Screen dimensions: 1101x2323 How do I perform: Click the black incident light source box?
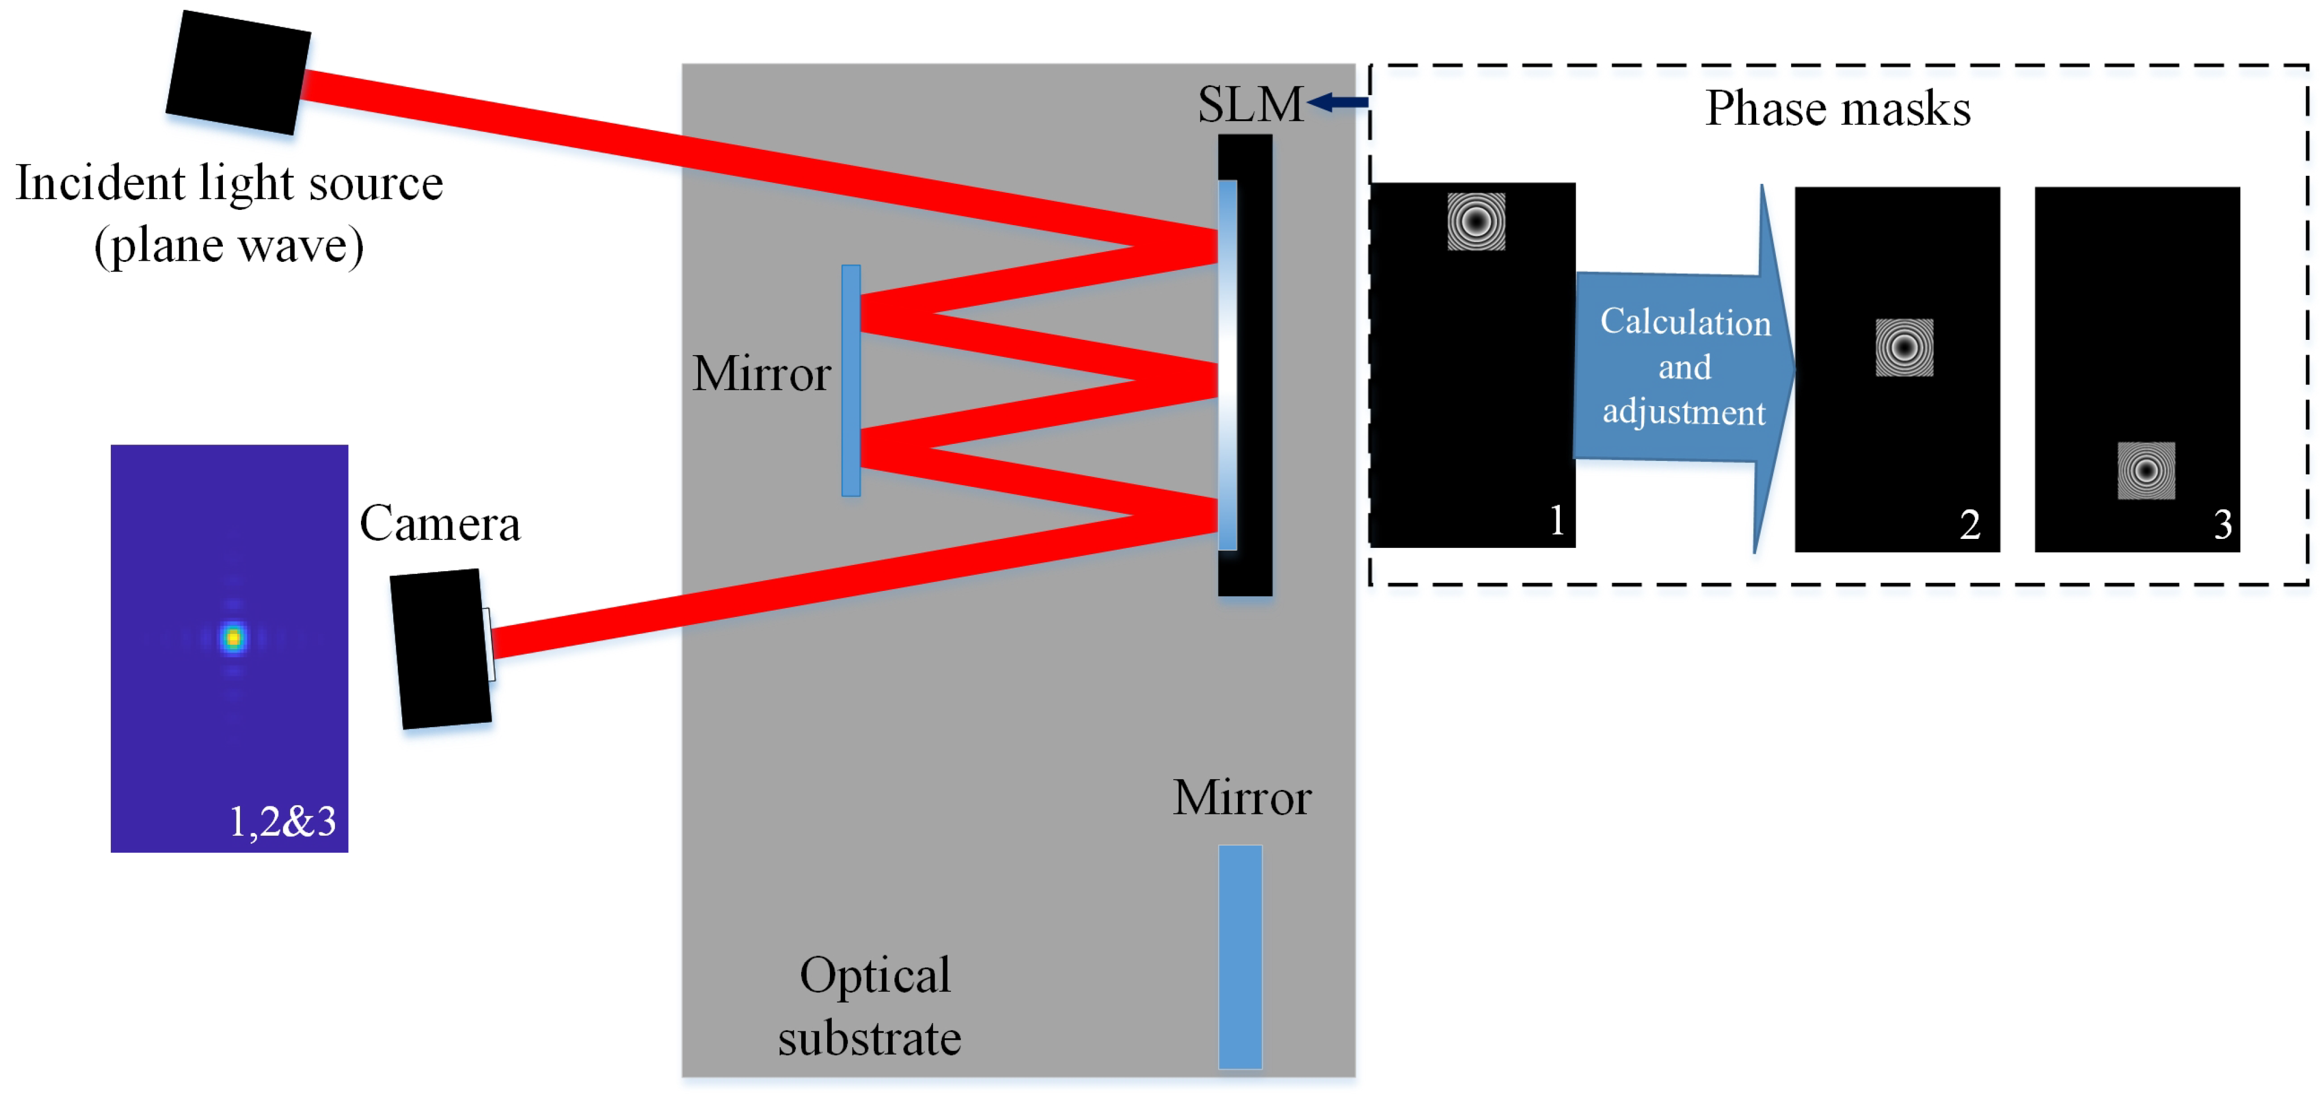click(x=239, y=73)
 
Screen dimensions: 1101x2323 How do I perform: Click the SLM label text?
click(x=1250, y=105)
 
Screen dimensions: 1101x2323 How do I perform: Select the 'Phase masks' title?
click(x=1837, y=109)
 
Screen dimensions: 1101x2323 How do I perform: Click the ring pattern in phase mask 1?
click(x=1475, y=221)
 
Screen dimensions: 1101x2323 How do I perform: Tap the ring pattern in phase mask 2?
click(x=1904, y=347)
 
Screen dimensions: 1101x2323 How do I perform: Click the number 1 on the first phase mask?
click(x=1556, y=520)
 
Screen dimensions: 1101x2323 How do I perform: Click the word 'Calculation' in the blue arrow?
click(x=1684, y=322)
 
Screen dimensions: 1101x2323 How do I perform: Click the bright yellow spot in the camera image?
click(x=234, y=637)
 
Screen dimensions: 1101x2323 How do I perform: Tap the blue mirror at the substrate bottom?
click(x=1240, y=956)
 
